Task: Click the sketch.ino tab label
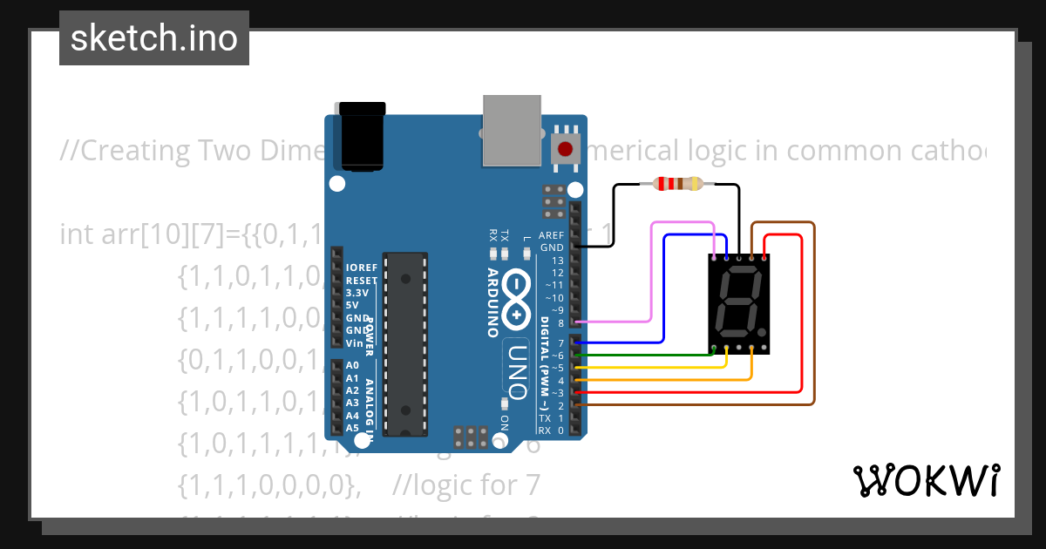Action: (x=154, y=38)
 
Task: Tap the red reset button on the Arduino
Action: (x=567, y=147)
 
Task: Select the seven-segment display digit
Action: (x=737, y=306)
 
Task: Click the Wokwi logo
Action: (x=927, y=480)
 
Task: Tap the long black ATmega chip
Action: (x=406, y=343)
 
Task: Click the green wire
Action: (x=645, y=355)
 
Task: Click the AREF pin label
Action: (x=551, y=235)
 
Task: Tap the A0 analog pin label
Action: (x=352, y=366)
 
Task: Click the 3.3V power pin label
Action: (x=357, y=293)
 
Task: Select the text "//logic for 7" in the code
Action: (x=467, y=484)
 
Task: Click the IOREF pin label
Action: (x=361, y=268)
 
